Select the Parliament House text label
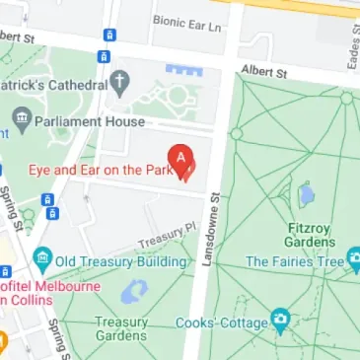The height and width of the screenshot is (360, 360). pos(90,121)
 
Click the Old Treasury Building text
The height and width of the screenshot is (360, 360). pos(122,261)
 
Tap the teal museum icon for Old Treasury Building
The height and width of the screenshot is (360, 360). pos(41,261)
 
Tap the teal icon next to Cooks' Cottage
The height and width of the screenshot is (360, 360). pos(280,323)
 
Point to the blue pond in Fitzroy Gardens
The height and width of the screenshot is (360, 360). pos(307,194)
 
